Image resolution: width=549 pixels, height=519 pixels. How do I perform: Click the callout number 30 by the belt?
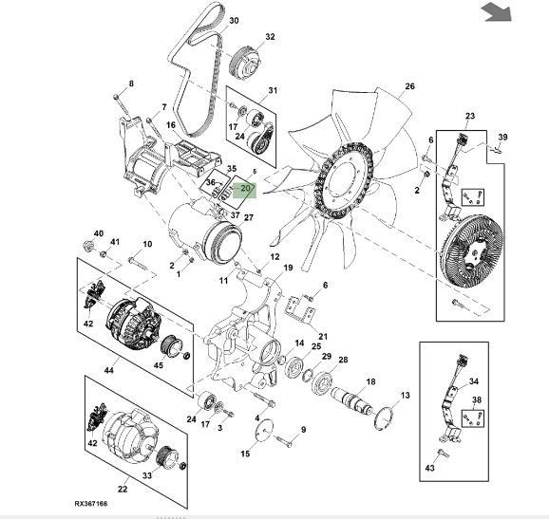pyautogui.click(x=234, y=21)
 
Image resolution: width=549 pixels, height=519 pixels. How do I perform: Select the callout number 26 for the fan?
pyautogui.click(x=409, y=86)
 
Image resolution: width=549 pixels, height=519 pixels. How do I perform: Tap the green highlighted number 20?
pyautogui.click(x=245, y=188)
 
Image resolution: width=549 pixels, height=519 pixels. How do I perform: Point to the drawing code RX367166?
pyautogui.click(x=91, y=504)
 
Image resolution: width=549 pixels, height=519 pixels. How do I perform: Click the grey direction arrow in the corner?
pyautogui.click(x=497, y=12)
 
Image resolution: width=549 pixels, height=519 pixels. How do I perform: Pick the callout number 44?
pyautogui.click(x=109, y=370)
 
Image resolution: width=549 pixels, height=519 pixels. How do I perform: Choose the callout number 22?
pyautogui.click(x=123, y=489)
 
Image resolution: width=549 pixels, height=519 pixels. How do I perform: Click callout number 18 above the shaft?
pyautogui.click(x=370, y=381)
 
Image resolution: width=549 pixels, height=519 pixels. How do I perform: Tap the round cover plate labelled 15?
pyautogui.click(x=263, y=430)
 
